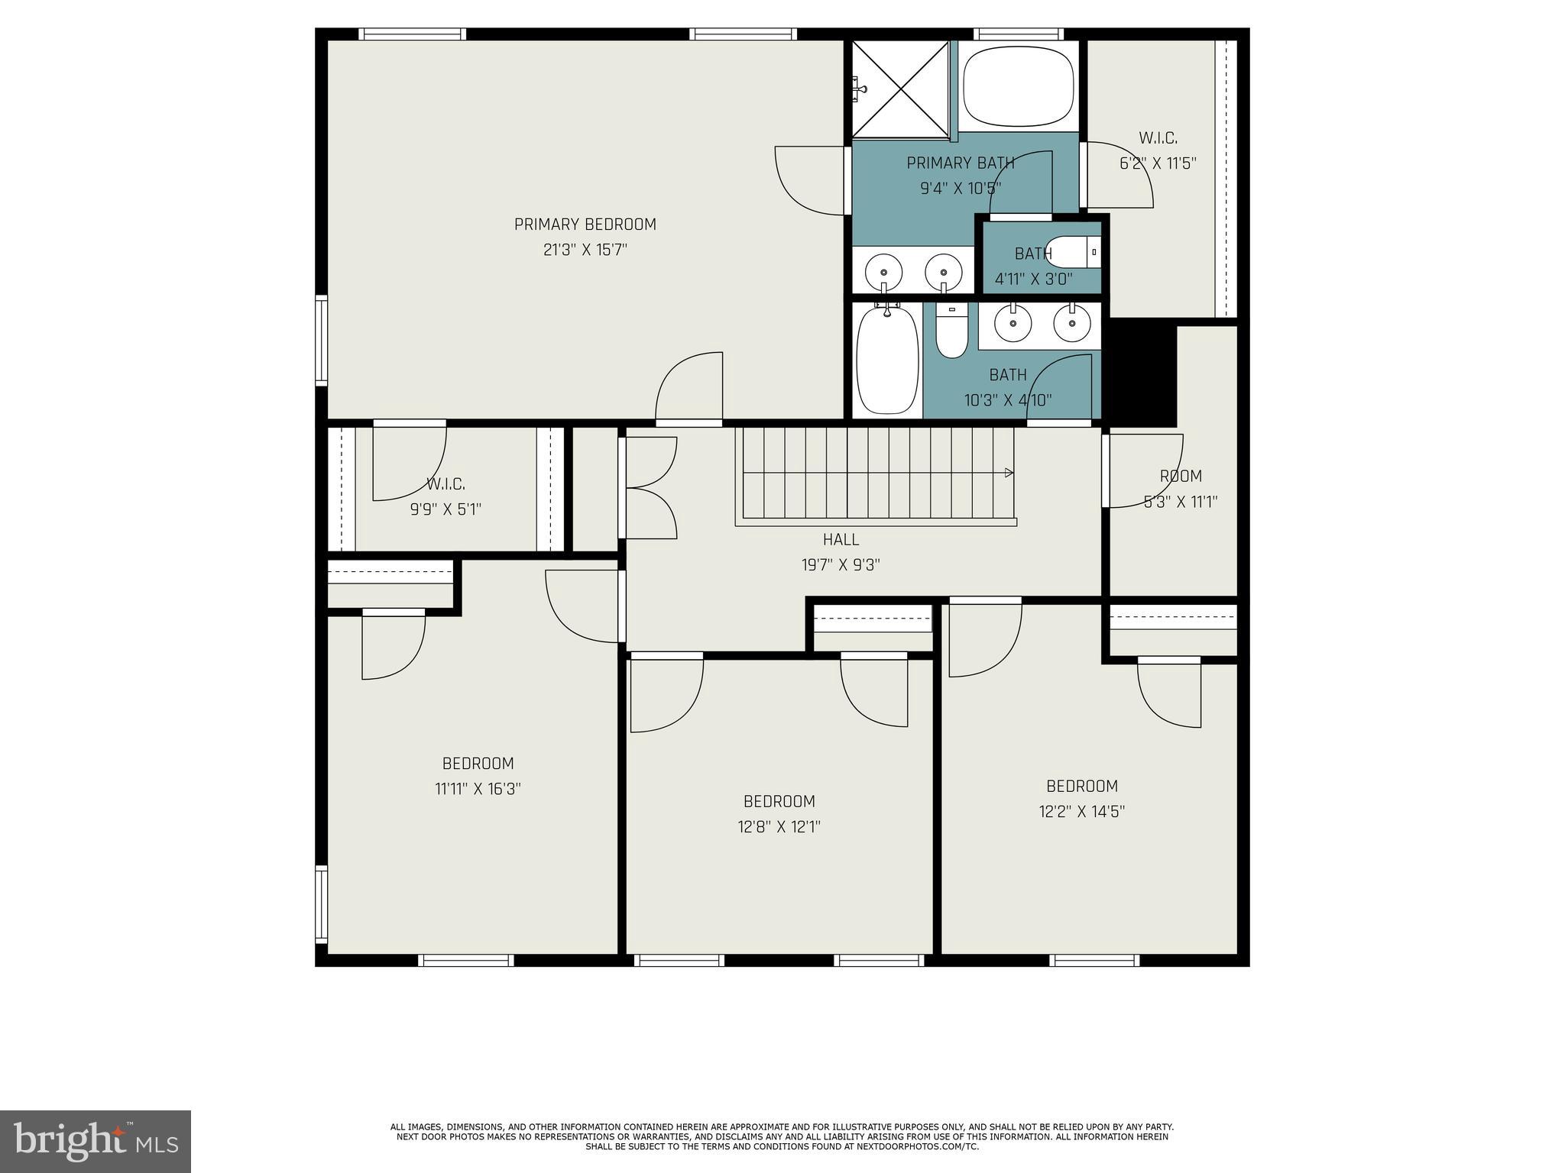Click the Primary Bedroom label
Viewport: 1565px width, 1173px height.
click(x=585, y=225)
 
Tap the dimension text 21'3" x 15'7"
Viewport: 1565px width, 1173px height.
click(x=585, y=250)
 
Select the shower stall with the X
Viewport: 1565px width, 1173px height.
click(x=900, y=89)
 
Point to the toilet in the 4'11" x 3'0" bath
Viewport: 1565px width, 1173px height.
click(x=1072, y=252)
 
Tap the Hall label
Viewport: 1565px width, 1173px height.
click(x=841, y=540)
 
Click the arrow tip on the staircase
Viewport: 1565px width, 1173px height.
click(x=1010, y=473)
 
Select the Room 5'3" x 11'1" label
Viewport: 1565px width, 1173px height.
click(x=1181, y=477)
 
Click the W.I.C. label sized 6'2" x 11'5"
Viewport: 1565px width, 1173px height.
click(x=1158, y=138)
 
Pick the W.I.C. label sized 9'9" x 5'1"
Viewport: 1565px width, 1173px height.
click(x=446, y=484)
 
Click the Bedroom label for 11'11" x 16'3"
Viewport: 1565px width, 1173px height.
click(x=478, y=764)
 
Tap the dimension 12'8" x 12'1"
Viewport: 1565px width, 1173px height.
click(x=779, y=827)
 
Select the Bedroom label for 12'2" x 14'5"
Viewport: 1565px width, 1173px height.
click(x=1081, y=787)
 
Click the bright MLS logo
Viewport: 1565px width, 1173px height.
click(x=96, y=1141)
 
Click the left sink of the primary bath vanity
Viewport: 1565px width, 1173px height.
click(x=884, y=271)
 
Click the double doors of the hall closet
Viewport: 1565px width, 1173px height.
click(x=650, y=487)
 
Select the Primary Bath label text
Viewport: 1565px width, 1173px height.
click(x=960, y=163)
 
